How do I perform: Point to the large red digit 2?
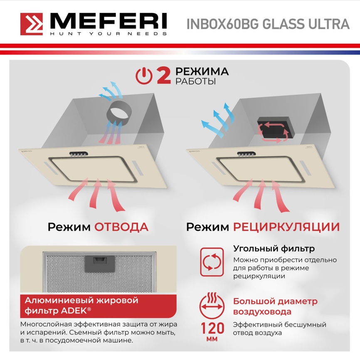[x=163, y=76]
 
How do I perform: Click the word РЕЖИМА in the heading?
[x=202, y=72]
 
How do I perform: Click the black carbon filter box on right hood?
[x=275, y=127]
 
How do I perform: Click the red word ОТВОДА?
[x=121, y=227]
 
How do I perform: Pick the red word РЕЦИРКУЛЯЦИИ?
[x=286, y=227]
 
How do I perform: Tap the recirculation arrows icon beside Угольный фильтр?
[x=212, y=262]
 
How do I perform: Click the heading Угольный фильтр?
[x=274, y=249]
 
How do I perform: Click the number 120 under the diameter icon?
[x=212, y=328]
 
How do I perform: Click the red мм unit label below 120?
[x=212, y=340]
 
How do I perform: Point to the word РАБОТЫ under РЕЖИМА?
[x=195, y=81]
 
